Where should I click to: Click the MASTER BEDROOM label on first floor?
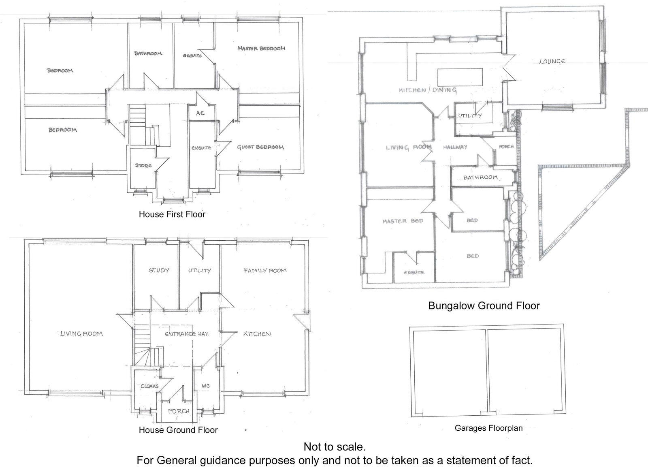[x=261, y=48]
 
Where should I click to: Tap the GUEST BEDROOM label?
[x=260, y=147]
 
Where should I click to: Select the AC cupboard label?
[x=200, y=113]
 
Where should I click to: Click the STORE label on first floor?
[x=143, y=165]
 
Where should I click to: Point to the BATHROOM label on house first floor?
[x=148, y=53]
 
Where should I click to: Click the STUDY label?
[x=159, y=270]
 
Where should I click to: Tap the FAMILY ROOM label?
[x=265, y=270]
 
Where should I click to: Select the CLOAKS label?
[x=149, y=386]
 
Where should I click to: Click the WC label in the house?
[x=206, y=386]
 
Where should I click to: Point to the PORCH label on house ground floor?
[x=179, y=411]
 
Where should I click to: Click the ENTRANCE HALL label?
[x=187, y=334]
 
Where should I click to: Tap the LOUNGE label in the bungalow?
[x=552, y=62]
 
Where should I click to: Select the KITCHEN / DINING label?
[x=428, y=90]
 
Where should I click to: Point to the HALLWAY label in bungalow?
[x=455, y=147]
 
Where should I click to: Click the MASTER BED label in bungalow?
[x=403, y=221]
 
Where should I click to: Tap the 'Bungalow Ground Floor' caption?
[x=484, y=305]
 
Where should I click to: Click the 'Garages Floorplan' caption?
[x=488, y=428]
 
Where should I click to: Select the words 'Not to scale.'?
[x=335, y=447]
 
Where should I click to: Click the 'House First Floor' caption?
[x=172, y=214]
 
